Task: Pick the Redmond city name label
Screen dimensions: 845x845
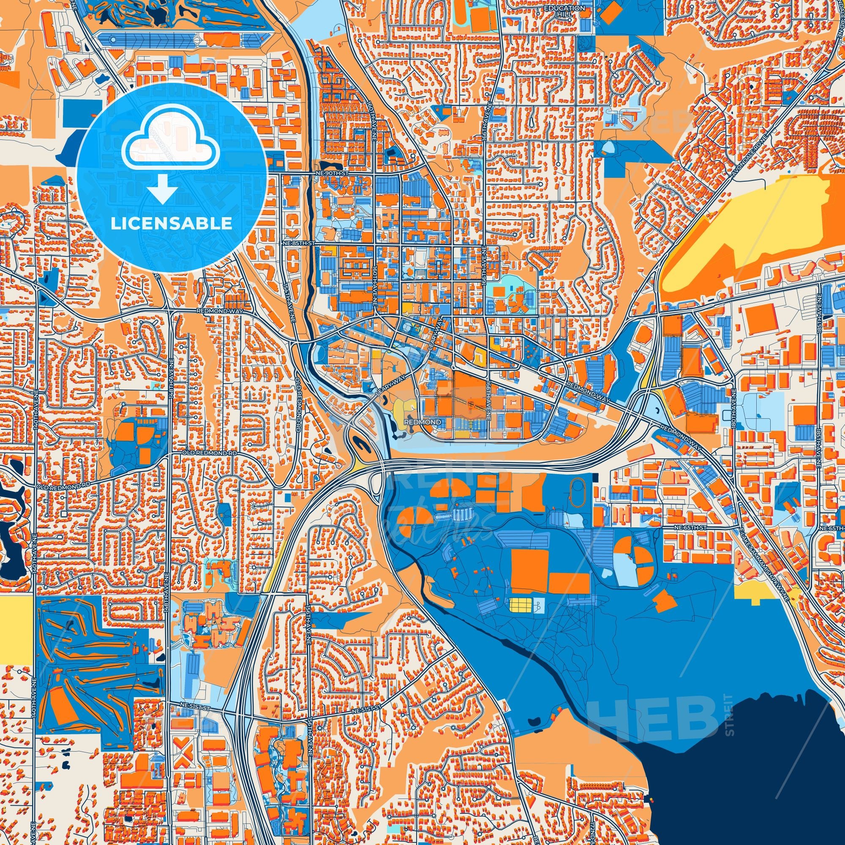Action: [423, 422]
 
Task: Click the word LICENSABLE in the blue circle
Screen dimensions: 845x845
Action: [171, 224]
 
